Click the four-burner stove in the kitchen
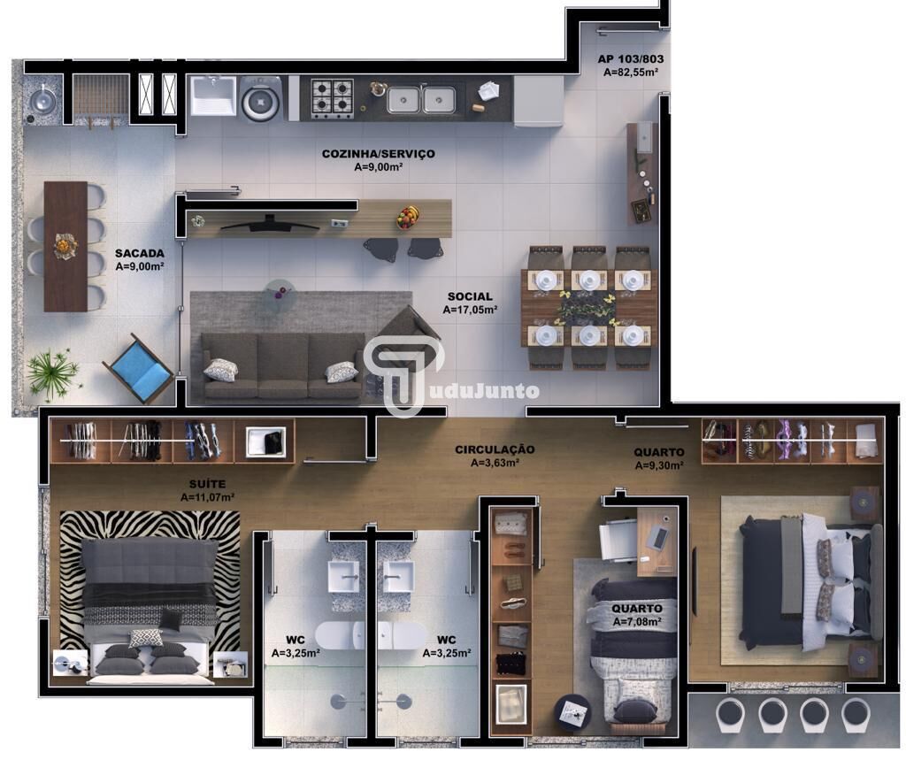point(333,98)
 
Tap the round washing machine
point(261,100)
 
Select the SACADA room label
point(139,253)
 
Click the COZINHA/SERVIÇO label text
point(378,154)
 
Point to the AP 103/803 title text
point(630,59)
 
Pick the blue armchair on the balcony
point(138,369)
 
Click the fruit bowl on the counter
point(409,218)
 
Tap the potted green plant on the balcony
point(51,373)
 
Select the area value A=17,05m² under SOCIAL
point(471,310)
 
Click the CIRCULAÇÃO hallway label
point(495,449)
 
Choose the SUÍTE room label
point(207,484)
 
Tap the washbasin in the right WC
point(399,577)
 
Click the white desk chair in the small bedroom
point(618,540)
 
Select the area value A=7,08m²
point(637,622)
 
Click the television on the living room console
point(270,224)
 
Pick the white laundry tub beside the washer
point(213,96)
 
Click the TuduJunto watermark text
point(477,391)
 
